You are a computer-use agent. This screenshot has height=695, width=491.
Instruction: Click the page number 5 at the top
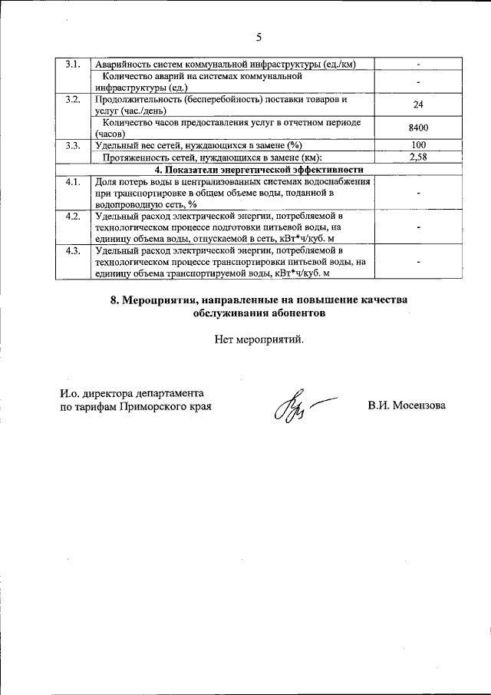coord(259,36)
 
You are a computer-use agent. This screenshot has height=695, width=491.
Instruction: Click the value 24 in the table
coord(419,104)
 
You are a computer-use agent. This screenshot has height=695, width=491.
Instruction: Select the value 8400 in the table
coord(419,127)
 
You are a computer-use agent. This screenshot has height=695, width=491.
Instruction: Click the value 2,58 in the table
coord(419,157)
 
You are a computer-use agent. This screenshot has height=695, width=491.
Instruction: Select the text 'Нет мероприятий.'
coord(259,340)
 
